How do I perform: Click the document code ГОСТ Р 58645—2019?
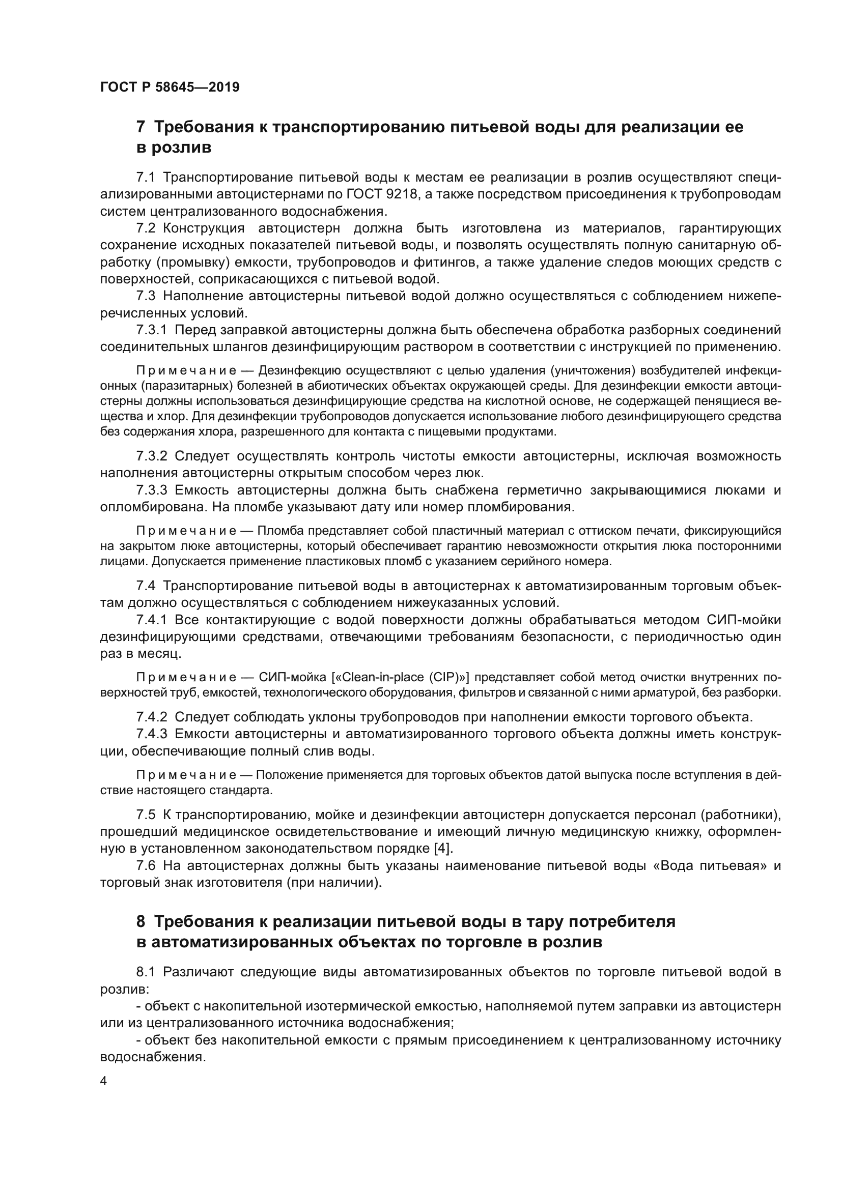click(x=170, y=87)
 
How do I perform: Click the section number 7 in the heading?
click(x=141, y=128)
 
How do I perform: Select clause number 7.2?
click(x=146, y=228)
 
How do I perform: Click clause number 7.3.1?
click(x=151, y=330)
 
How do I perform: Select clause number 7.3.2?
click(x=151, y=456)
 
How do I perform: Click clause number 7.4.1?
click(x=151, y=620)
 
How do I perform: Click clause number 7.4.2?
click(x=151, y=717)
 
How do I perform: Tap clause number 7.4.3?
click(x=151, y=734)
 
